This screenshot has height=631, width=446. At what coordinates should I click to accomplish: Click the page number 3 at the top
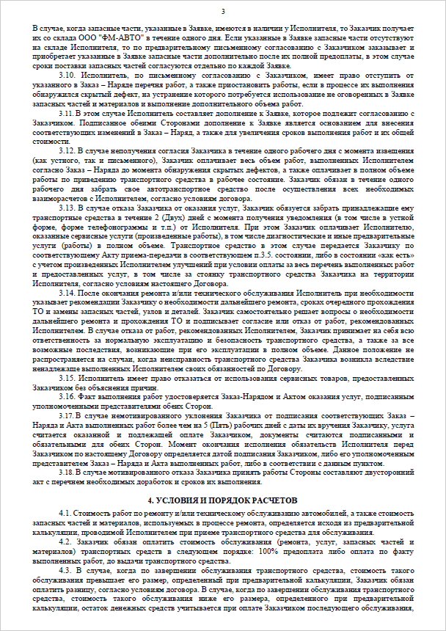[x=223, y=12]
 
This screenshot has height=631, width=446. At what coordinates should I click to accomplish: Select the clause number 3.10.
[x=68, y=75]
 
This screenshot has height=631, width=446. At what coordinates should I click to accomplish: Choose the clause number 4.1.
[x=65, y=511]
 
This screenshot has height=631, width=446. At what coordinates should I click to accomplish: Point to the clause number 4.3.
[x=65, y=568]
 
